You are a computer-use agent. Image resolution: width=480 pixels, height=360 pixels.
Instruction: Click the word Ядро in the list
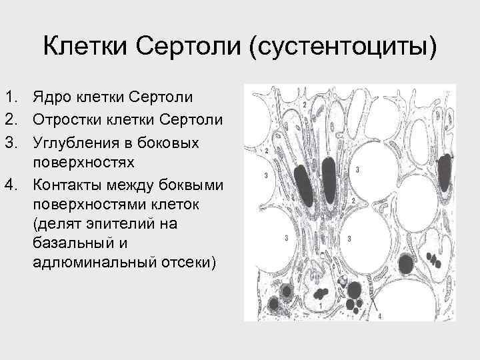[51, 98]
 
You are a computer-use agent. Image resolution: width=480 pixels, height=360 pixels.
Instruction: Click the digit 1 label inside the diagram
[321, 305]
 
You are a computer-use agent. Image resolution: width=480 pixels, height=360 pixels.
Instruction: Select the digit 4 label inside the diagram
[379, 315]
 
